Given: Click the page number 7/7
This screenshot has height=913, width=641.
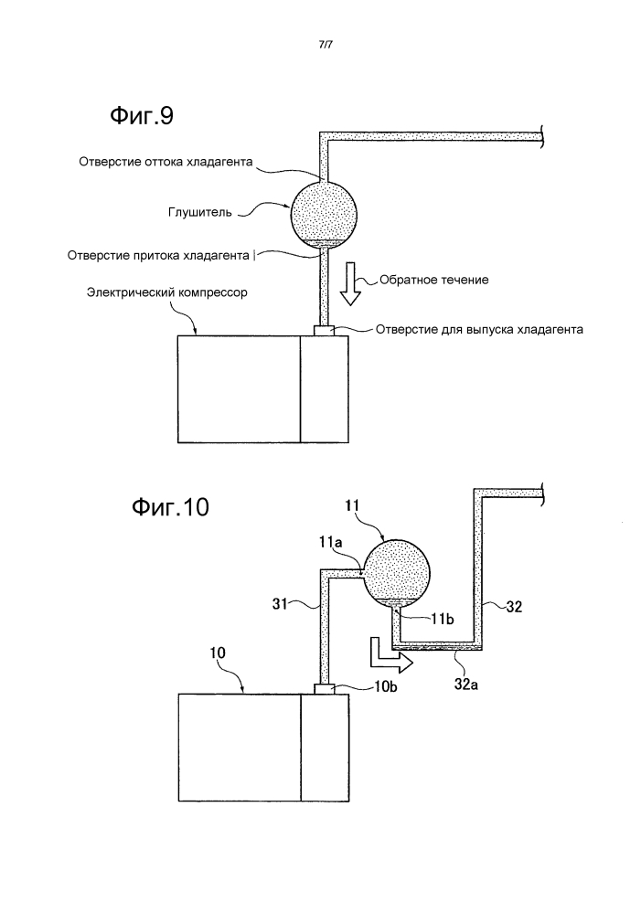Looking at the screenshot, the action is [326, 44].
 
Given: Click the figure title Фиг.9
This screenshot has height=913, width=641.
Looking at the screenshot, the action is [142, 116].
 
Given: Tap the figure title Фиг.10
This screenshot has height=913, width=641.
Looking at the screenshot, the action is [169, 507].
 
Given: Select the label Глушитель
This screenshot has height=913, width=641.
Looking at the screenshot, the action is [200, 213].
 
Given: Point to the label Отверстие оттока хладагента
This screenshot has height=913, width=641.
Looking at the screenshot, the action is [166, 161].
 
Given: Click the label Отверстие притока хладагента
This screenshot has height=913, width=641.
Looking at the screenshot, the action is [158, 256].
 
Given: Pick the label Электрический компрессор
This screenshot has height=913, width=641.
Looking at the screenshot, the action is [166, 292].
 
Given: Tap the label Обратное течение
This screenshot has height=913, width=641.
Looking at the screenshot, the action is [434, 280].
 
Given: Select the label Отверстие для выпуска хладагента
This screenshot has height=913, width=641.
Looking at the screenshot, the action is [479, 330].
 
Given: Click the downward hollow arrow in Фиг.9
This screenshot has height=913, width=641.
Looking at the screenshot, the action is [350, 283].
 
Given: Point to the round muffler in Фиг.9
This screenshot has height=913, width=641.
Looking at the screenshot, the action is [324, 215].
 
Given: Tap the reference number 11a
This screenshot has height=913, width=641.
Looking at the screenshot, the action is [330, 543].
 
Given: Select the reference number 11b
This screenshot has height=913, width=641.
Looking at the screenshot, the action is [443, 620].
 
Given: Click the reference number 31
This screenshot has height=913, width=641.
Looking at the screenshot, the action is [281, 604].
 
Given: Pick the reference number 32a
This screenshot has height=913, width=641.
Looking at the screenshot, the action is [466, 685].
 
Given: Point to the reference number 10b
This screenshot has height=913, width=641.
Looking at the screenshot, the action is [385, 686].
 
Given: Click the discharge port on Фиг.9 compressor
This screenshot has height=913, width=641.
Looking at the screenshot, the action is [324, 330].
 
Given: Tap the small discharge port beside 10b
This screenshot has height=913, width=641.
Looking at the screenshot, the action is [324, 689].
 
